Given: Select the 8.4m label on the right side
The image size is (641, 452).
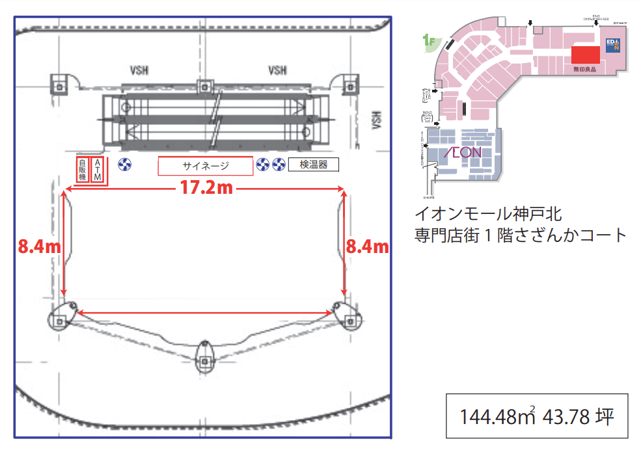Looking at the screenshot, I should tap(367, 246).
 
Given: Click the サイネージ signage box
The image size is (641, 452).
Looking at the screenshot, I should tap(205, 166).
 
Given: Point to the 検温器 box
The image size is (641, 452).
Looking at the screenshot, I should tap(314, 165).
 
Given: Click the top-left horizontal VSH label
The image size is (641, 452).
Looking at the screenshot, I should tap(139, 70).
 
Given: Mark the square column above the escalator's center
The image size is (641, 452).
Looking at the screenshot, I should tap(205, 85).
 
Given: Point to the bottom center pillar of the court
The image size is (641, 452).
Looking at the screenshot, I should tap(206, 355).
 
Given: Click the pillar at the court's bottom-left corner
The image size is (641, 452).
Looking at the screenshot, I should tap(61, 318).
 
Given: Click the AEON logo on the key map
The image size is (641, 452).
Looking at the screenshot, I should tap(463, 153).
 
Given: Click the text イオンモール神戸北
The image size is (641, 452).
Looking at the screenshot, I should tap(488, 213).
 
